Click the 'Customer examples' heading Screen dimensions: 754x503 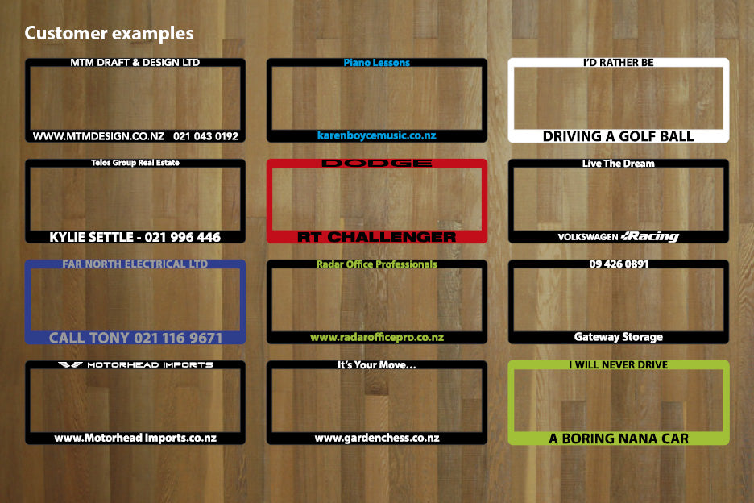coord(110,33)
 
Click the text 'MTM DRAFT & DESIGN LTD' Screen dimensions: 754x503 coord(135,63)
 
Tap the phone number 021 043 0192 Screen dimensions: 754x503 coord(205,136)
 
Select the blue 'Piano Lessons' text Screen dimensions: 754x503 coord(376,63)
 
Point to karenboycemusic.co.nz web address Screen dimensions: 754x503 coord(376,135)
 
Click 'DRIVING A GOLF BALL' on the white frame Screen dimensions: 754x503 coord(619,136)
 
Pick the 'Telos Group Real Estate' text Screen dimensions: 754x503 coord(135,163)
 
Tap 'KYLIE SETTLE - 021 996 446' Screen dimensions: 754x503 coord(135,237)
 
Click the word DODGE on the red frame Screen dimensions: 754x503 coord(376,163)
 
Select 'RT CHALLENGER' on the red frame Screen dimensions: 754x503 coord(376,237)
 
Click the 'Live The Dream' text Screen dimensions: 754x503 coord(619,163)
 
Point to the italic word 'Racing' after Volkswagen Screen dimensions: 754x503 coord(649,236)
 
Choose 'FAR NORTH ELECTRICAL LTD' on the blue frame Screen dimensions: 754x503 coord(135,264)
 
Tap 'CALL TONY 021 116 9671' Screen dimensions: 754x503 coord(135,338)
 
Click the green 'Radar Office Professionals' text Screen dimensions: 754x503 coord(376,264)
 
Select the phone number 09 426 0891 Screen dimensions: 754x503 coord(619,264)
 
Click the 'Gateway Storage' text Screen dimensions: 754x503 coord(619,337)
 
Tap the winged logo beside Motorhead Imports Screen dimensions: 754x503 coord(70,365)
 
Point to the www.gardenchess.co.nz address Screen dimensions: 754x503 coord(377,438)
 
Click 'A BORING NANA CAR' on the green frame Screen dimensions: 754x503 coord(619,439)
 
